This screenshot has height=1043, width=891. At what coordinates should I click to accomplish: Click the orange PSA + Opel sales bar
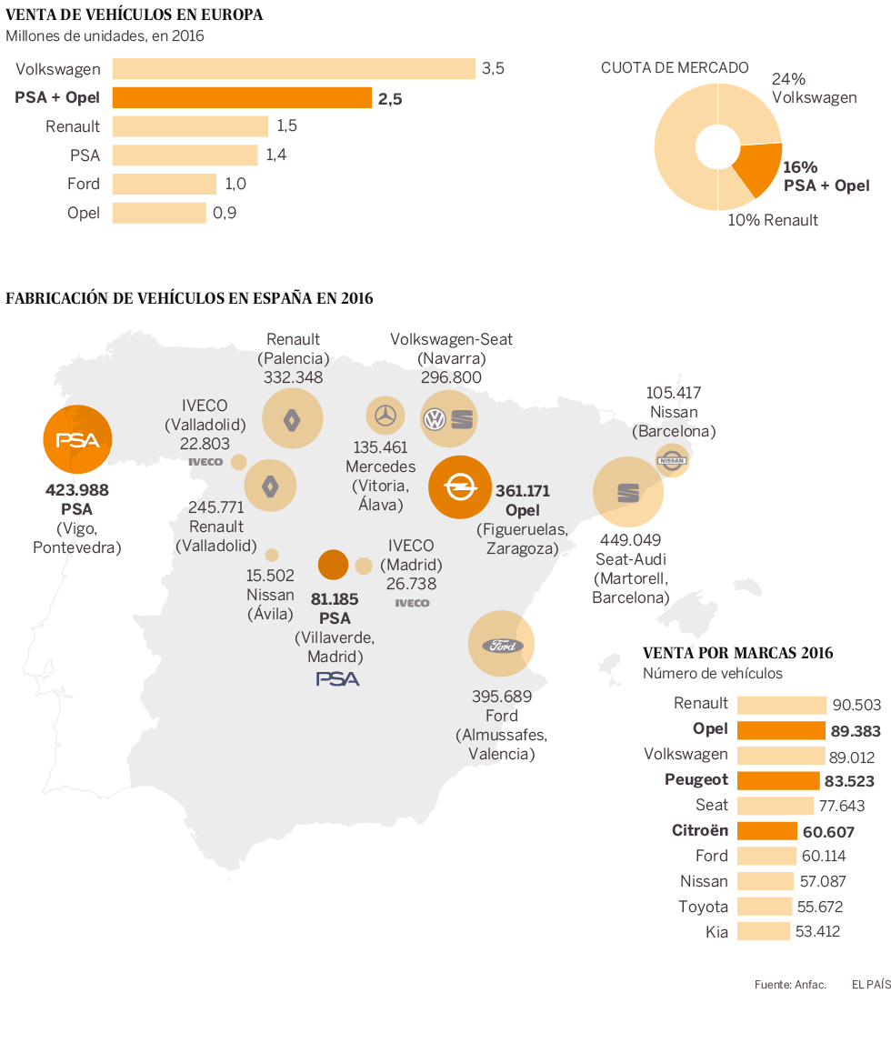242,97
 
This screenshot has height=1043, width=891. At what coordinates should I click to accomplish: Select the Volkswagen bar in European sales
294,68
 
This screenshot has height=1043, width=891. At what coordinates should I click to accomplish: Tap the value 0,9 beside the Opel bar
225,213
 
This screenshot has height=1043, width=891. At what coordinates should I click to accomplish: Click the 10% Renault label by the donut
773,220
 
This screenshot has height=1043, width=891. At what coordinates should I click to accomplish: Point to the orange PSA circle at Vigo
77,439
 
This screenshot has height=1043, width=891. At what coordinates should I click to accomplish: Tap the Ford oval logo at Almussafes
502,645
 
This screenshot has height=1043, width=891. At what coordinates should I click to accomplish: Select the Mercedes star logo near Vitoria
386,415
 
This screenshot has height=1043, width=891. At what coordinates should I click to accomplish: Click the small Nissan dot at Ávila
271,555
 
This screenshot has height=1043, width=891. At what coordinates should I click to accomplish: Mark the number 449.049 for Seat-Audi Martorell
627,538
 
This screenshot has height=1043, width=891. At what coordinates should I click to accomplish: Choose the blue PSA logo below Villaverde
337,678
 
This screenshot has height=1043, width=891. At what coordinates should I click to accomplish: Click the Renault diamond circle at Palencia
292,418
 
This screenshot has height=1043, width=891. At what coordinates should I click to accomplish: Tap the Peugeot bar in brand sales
778,779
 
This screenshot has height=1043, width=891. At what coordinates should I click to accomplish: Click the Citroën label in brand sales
700,830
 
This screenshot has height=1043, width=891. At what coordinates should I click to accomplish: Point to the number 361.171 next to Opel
522,491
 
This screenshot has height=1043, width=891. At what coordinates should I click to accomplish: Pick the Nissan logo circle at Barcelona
672,460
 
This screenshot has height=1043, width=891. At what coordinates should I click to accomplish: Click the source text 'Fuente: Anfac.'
789,985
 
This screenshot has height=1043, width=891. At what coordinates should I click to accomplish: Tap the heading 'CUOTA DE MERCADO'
675,67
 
